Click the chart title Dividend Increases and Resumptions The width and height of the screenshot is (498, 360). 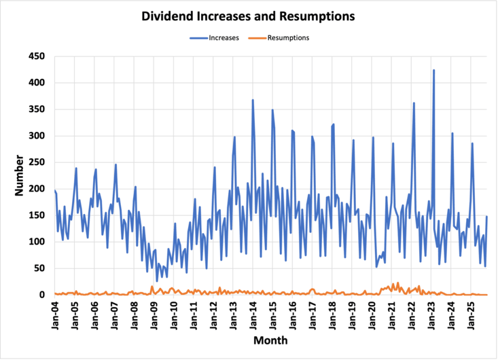coord(249,14)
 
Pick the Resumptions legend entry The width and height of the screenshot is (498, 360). coord(286,37)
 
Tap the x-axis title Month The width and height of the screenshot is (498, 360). coord(270,340)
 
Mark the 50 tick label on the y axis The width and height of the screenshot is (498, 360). coord(39,268)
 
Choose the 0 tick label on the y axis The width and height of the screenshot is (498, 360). coord(42,295)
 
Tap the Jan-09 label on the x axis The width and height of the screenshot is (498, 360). coord(155,314)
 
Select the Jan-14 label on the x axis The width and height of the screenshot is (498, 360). coord(253,314)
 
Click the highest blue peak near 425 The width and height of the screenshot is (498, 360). coord(433,70)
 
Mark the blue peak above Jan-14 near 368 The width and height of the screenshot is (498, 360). coord(253,100)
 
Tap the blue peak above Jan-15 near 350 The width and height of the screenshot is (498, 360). coord(272,109)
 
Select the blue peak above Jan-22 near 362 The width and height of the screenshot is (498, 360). coord(414,103)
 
